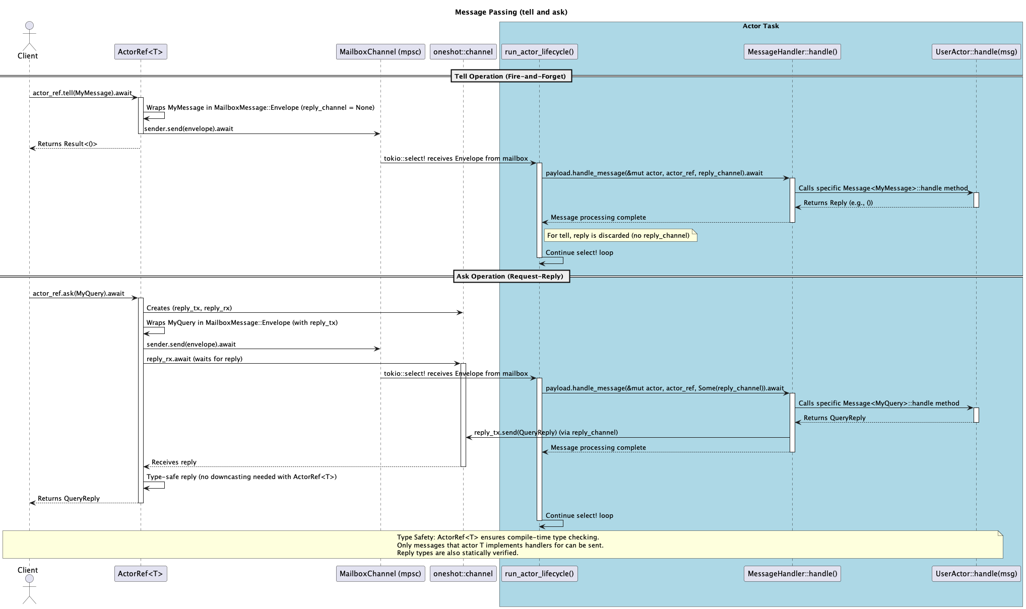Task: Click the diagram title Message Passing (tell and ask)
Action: click(x=511, y=12)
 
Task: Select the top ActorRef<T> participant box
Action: click(x=141, y=52)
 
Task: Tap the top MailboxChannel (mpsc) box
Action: click(x=380, y=52)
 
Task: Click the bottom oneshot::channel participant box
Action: click(x=463, y=574)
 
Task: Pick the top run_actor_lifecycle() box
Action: click(x=539, y=52)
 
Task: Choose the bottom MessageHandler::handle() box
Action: click(x=792, y=574)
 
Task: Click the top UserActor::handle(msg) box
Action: click(x=976, y=52)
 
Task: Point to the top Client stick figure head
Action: click(x=29, y=26)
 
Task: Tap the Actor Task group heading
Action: click(x=760, y=26)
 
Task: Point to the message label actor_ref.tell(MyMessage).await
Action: click(x=82, y=93)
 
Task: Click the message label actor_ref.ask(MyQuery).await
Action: click(x=78, y=294)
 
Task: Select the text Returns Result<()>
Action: click(x=68, y=144)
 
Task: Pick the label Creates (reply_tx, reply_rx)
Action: click(x=189, y=308)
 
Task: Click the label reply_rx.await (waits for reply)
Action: click(x=194, y=359)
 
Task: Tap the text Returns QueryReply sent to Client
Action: click(x=69, y=499)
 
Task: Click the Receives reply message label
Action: click(x=174, y=462)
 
